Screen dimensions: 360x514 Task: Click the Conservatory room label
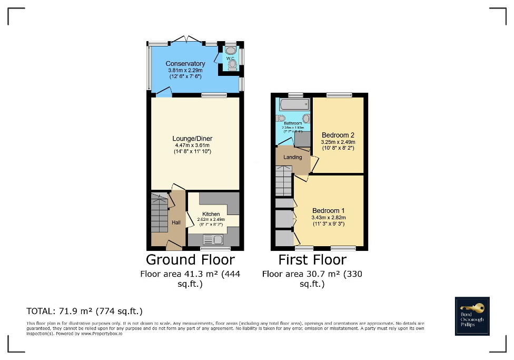point(185,64)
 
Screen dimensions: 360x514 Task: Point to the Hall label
point(176,223)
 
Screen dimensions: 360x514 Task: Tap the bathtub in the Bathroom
point(293,104)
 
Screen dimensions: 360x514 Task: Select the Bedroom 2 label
point(338,135)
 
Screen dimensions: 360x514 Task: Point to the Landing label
point(293,157)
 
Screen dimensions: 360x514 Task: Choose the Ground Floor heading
point(190,259)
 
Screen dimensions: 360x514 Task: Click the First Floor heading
point(312,259)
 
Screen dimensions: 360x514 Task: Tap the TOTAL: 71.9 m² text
point(84,311)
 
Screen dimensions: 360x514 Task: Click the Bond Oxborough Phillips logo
point(472,316)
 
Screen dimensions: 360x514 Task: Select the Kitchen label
point(211,214)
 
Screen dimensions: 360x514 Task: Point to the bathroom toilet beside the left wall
point(281,118)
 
